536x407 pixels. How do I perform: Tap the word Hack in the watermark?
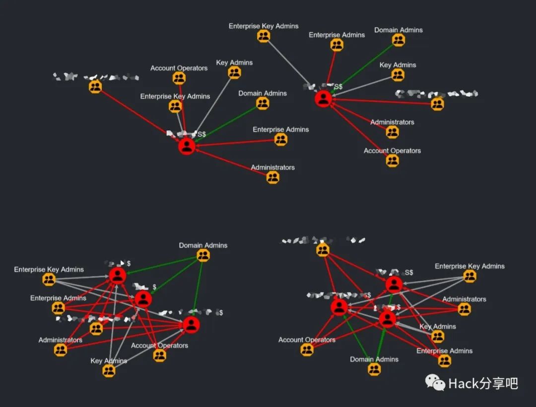[462, 383]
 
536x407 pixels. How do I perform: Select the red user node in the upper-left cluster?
[187, 146]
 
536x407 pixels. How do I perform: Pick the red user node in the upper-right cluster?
[323, 99]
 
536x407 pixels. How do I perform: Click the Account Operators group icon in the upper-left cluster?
[179, 78]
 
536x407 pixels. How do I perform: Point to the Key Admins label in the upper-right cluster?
[398, 65]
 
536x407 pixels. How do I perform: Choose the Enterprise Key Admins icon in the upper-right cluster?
[264, 36]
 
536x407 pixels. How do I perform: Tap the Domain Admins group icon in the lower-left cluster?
[203, 256]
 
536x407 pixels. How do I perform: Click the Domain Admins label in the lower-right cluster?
[374, 359]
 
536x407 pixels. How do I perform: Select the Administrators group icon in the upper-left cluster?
[272, 177]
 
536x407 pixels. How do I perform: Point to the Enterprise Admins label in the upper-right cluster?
[336, 35]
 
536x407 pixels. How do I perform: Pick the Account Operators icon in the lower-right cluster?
[307, 349]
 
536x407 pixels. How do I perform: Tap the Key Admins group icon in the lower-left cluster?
[109, 371]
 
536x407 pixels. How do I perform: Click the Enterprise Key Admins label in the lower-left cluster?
[49, 270]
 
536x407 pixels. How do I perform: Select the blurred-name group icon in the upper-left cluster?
[95, 87]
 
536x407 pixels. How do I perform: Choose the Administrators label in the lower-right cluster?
[464, 299]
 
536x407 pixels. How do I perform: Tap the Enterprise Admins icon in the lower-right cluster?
[444, 361]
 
